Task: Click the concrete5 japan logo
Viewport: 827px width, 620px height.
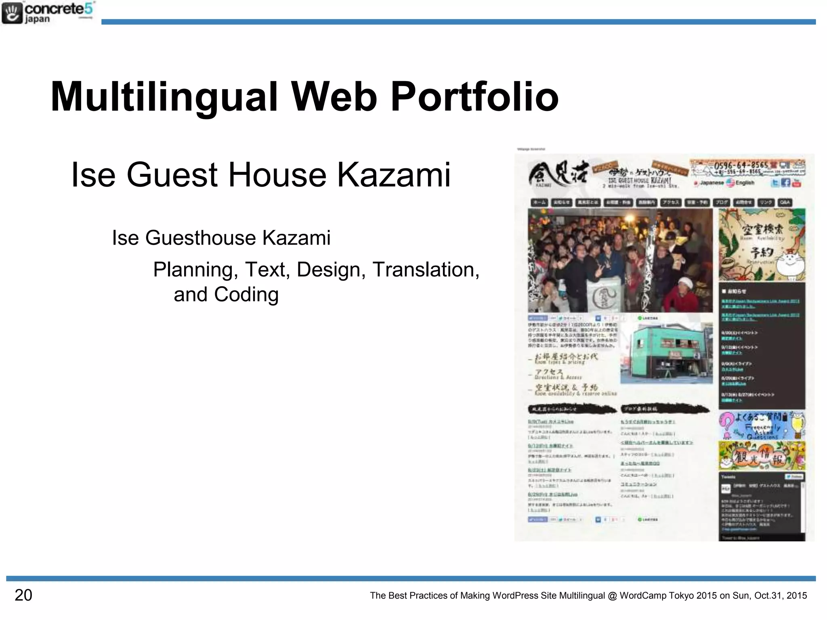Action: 48,13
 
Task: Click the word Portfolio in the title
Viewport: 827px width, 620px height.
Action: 474,97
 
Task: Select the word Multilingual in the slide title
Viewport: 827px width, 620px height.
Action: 164,97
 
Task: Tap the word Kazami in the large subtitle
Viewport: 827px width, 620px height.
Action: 394,175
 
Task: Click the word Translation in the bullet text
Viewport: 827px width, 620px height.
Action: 426,270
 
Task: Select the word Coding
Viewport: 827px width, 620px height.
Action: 246,295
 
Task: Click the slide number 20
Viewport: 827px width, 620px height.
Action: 23,595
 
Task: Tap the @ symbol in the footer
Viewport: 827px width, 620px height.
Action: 612,596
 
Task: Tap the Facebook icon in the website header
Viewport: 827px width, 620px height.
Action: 785,183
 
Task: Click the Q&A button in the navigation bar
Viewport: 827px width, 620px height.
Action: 785,203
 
